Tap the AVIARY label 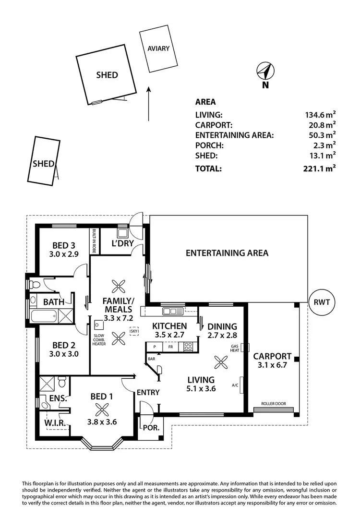pos(158,48)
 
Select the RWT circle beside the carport pos(321,302)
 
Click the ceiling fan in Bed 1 pos(102,410)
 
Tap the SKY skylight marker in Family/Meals pos(133,331)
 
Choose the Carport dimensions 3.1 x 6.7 pos(272,366)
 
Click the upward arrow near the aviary pos(149,103)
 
